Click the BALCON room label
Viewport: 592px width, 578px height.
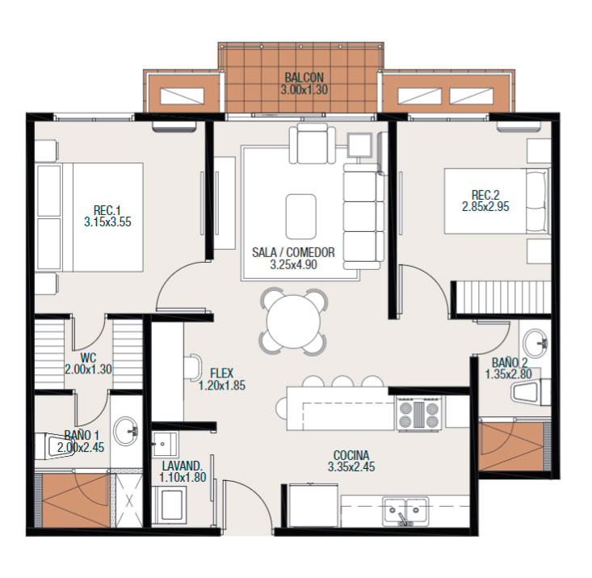[304, 78]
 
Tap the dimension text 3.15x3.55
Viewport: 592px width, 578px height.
[107, 221]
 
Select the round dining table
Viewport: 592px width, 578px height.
[293, 322]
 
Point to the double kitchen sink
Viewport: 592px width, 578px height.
[405, 511]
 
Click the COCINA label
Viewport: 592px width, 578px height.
[351, 455]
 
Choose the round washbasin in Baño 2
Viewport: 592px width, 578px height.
[535, 343]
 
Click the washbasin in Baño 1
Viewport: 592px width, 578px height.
[126, 431]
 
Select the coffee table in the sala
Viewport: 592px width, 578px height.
[301, 216]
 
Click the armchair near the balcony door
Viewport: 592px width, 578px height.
[313, 143]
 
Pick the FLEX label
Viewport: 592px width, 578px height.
[222, 373]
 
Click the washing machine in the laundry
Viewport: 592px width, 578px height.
[169, 505]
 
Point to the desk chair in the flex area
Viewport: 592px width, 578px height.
[194, 368]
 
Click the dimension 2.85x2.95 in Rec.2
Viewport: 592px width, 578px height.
[485, 207]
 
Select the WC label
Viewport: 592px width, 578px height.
[88, 357]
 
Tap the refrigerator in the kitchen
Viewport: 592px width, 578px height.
[313, 504]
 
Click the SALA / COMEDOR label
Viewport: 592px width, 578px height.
[293, 252]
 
